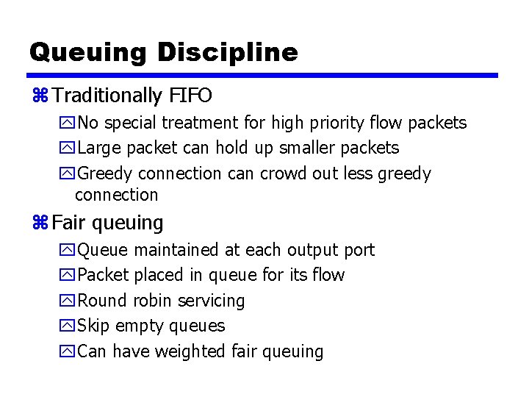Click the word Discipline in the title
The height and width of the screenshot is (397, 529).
coord(228,52)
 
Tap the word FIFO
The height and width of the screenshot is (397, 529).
coord(190,96)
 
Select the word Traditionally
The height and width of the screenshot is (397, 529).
coord(107,96)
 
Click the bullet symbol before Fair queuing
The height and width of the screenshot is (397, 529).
coord(40,223)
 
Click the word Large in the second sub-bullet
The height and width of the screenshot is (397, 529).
coord(100,148)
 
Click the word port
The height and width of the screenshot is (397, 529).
coord(359,251)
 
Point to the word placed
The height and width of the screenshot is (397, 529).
coord(154,275)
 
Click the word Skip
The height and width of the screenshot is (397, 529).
coord(94,326)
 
